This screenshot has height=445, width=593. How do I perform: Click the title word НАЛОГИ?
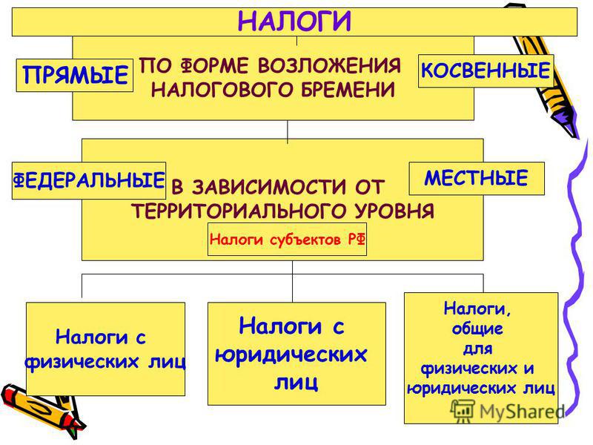point(294,22)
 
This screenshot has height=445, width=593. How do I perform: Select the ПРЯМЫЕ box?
point(75,75)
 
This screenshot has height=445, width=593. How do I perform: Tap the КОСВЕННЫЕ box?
point(486,70)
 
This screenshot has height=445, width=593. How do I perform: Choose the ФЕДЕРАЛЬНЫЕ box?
point(89,180)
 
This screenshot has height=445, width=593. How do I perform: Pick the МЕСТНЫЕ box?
point(477,178)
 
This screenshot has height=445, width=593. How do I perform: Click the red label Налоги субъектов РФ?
point(287,239)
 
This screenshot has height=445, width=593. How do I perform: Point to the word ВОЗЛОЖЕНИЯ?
point(329,65)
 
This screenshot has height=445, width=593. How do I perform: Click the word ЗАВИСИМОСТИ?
point(269,187)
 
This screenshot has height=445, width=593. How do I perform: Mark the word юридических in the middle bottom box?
point(291,355)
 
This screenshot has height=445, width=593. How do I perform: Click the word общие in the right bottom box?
point(477,329)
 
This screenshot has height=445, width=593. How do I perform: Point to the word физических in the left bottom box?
point(82,362)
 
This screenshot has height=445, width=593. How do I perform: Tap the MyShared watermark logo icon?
point(463,411)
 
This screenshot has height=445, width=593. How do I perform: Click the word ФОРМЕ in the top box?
point(213,65)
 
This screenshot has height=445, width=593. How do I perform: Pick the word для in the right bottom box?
point(478,348)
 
